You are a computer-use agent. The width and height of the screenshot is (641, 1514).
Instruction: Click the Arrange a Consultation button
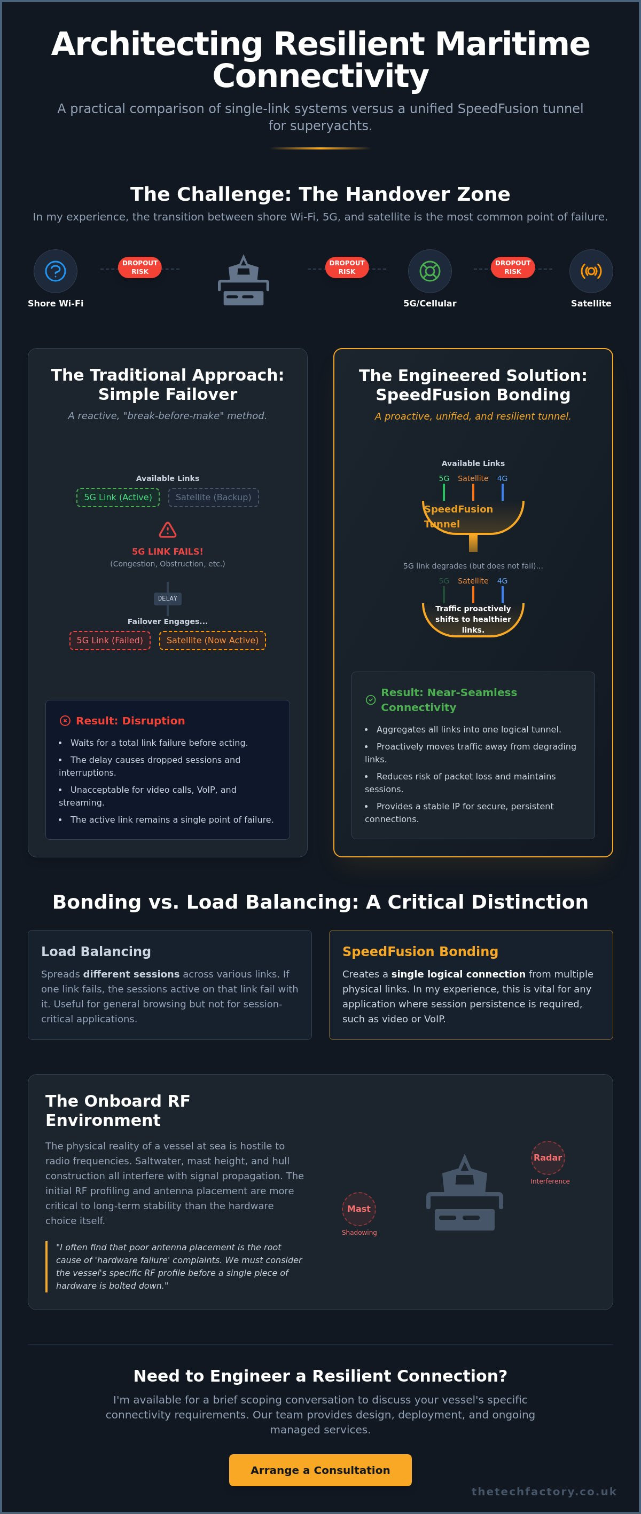pos(320,1470)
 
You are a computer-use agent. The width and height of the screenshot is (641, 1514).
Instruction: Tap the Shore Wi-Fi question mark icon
pos(55,271)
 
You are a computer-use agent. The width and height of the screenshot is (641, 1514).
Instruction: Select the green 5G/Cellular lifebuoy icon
pos(430,271)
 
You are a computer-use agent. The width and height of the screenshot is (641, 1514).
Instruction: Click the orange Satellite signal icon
pos(591,271)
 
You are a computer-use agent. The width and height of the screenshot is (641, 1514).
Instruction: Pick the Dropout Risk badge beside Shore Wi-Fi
pos(140,267)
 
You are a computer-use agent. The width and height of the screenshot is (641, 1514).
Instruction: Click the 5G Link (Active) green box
pos(118,497)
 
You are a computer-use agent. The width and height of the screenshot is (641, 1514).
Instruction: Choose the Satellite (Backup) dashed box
pos(214,497)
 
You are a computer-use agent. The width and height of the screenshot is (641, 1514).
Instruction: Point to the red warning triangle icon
pos(168,530)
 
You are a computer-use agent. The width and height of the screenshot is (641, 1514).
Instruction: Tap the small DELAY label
pos(168,598)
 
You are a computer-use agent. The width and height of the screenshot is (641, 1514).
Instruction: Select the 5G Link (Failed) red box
pos(110,640)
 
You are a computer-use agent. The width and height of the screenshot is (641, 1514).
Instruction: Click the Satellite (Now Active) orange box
pos(212,640)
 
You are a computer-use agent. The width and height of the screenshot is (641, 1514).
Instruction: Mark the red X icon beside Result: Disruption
pos(65,721)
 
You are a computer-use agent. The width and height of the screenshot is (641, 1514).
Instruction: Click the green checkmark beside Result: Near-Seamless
pos(371,699)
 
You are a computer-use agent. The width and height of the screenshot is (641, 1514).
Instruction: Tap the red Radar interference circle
pos(548,1157)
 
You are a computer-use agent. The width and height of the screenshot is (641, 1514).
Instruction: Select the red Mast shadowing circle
pos(359,1209)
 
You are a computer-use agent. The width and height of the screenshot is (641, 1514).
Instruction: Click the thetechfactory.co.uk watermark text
pos(544,1491)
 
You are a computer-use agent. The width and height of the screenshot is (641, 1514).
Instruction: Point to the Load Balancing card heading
pos(96,951)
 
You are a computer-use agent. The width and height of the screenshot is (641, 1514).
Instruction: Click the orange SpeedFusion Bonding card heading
pos(420,951)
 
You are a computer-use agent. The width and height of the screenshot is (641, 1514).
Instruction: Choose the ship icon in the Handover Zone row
pos(244,280)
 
